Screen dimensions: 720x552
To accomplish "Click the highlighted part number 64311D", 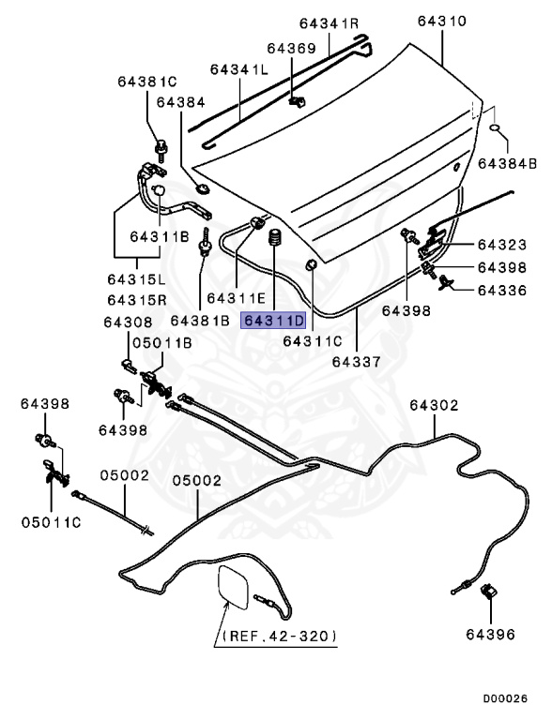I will click(274, 322).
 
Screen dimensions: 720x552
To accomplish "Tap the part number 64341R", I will click(330, 22).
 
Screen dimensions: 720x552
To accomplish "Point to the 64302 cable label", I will click(434, 405).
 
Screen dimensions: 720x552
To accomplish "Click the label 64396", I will click(489, 635).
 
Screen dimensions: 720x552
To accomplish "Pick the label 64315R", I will click(137, 300).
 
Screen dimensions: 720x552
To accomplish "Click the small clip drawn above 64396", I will click(488, 593).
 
